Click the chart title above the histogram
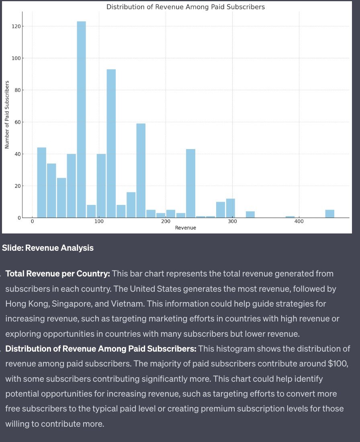185,7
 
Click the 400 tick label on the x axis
299,222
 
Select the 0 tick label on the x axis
32,222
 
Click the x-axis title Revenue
186,228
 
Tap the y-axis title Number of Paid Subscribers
7,115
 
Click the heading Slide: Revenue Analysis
48,248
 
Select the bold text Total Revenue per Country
58,274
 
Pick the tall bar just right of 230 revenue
190,183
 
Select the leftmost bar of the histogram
42,182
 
